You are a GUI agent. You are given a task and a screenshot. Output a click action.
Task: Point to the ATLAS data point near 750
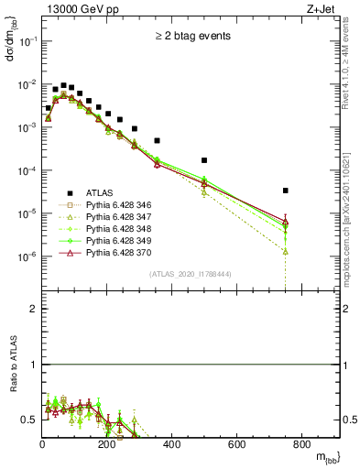pos(286,191)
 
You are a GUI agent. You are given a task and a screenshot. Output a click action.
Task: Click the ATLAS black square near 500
pos(204,160)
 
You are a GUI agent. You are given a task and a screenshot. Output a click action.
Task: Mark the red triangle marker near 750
pos(286,222)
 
